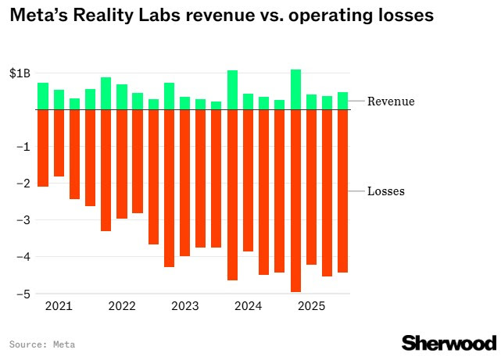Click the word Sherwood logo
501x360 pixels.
[x=449, y=344]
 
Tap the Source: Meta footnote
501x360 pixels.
[x=42, y=344]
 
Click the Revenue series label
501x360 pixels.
[x=391, y=102]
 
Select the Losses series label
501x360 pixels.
[x=386, y=191]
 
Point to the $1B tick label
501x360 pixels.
[x=20, y=73]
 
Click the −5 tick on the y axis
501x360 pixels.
[x=23, y=294]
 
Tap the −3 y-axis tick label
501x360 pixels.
[x=23, y=220]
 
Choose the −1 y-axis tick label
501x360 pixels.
[x=23, y=147]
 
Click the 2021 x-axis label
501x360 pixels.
[x=59, y=306]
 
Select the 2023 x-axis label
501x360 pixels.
[x=185, y=306]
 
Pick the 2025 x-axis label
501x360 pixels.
[x=312, y=306]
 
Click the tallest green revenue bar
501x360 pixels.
[x=296, y=90]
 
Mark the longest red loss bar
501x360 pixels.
[x=296, y=201]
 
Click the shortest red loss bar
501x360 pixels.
[x=59, y=143]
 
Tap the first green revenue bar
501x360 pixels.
[x=43, y=96]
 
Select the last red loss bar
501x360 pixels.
[x=343, y=191]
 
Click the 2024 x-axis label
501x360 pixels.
[x=249, y=306]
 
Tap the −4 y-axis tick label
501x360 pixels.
[x=23, y=257]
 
